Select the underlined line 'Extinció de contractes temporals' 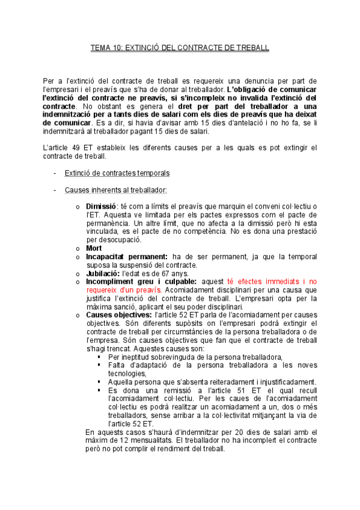117,173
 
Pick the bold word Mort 94,248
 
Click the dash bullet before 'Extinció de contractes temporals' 55,173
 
